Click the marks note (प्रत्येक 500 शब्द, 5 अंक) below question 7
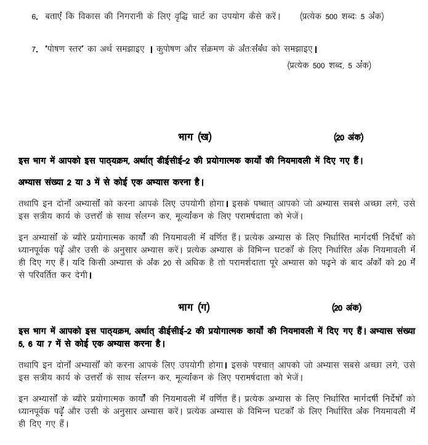coord(329,64)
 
